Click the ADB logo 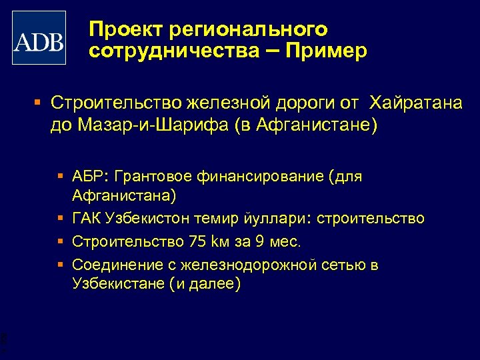(x=39, y=37)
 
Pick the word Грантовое (x=152, y=177)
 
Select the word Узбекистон (x=145, y=219)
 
